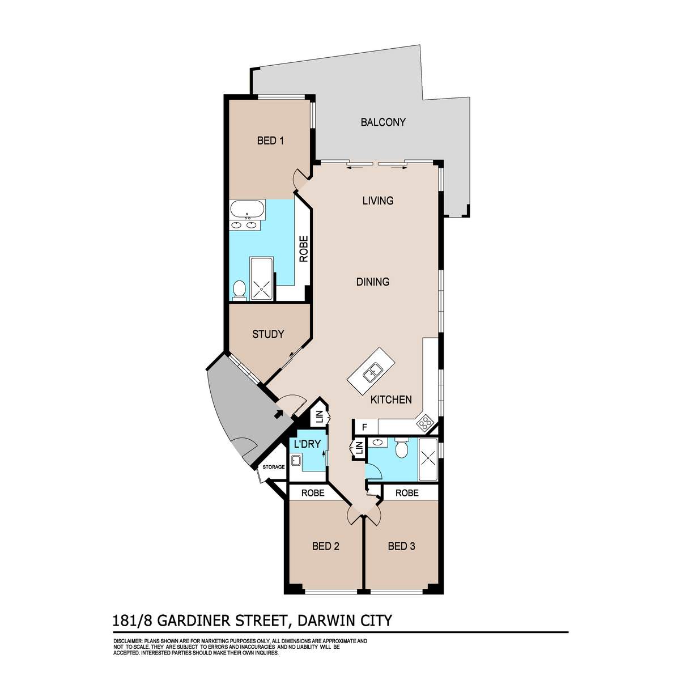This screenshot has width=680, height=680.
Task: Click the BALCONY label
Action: point(383,122)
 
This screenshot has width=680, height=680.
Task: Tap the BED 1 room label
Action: point(270,141)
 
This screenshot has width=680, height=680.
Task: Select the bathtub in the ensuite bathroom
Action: point(246,210)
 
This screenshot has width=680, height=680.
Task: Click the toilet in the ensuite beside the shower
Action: point(239,289)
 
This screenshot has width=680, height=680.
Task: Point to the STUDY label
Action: point(268,334)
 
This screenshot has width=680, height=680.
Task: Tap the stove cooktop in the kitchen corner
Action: point(424,423)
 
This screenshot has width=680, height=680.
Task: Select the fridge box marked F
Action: point(365,427)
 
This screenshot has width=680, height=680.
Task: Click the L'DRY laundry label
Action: point(307,444)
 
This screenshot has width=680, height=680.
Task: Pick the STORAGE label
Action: point(273,467)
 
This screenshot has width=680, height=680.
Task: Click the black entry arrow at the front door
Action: point(278,414)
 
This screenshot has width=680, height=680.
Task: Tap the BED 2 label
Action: point(326,546)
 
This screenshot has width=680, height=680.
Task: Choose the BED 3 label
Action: point(402,546)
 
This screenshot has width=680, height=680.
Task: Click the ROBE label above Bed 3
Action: point(407,493)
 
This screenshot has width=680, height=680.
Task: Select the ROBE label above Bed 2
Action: point(313,493)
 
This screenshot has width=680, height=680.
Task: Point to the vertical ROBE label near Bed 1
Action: point(304,248)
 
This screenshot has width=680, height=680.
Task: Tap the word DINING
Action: point(373,282)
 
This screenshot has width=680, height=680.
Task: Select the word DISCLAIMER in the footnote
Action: point(128,641)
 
